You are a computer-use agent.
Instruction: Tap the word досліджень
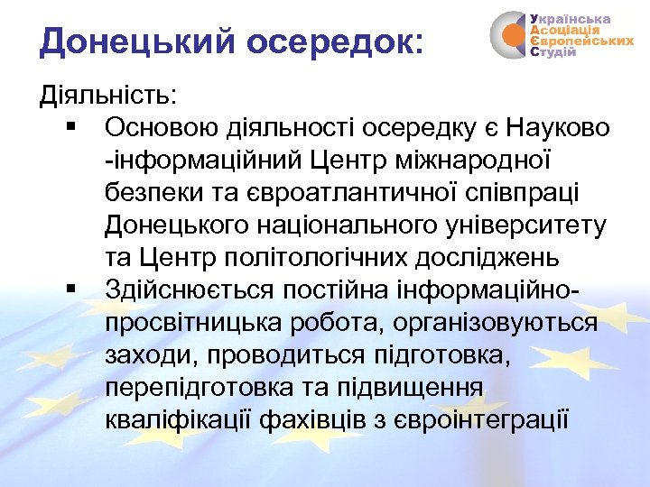pos(487,257)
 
